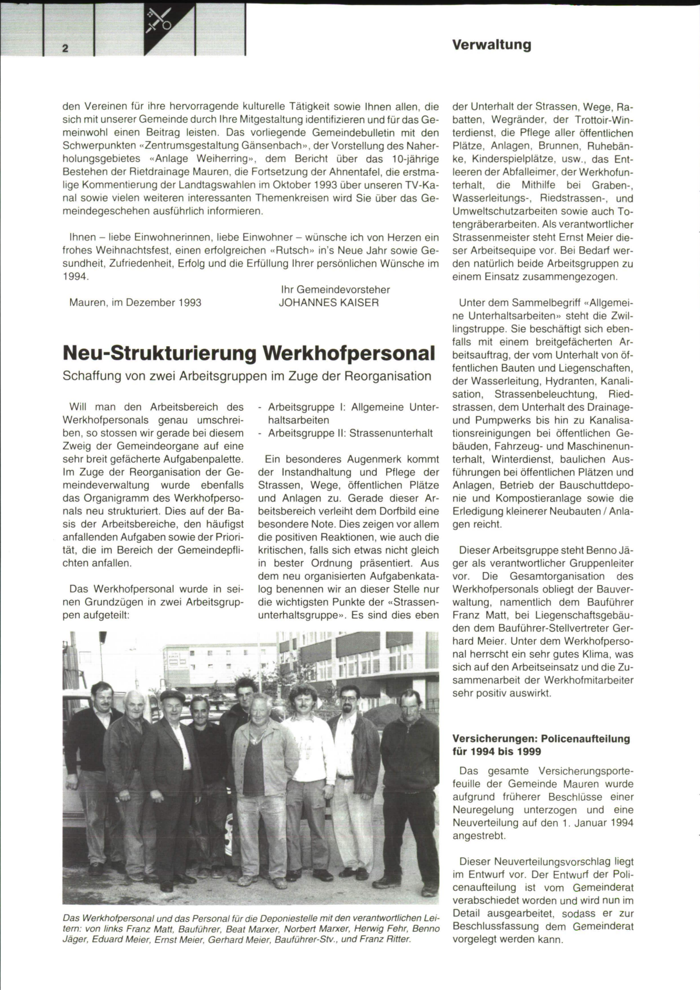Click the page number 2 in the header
click(x=65, y=48)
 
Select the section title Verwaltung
click(x=491, y=45)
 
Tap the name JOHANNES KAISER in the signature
click(x=329, y=302)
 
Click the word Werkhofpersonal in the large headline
click(x=349, y=354)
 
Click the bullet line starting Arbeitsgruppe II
click(x=349, y=433)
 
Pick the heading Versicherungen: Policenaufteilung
click(x=541, y=738)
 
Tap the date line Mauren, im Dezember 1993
click(x=135, y=302)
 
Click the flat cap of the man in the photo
click(x=172, y=695)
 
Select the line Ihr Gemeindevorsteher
click(x=335, y=290)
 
